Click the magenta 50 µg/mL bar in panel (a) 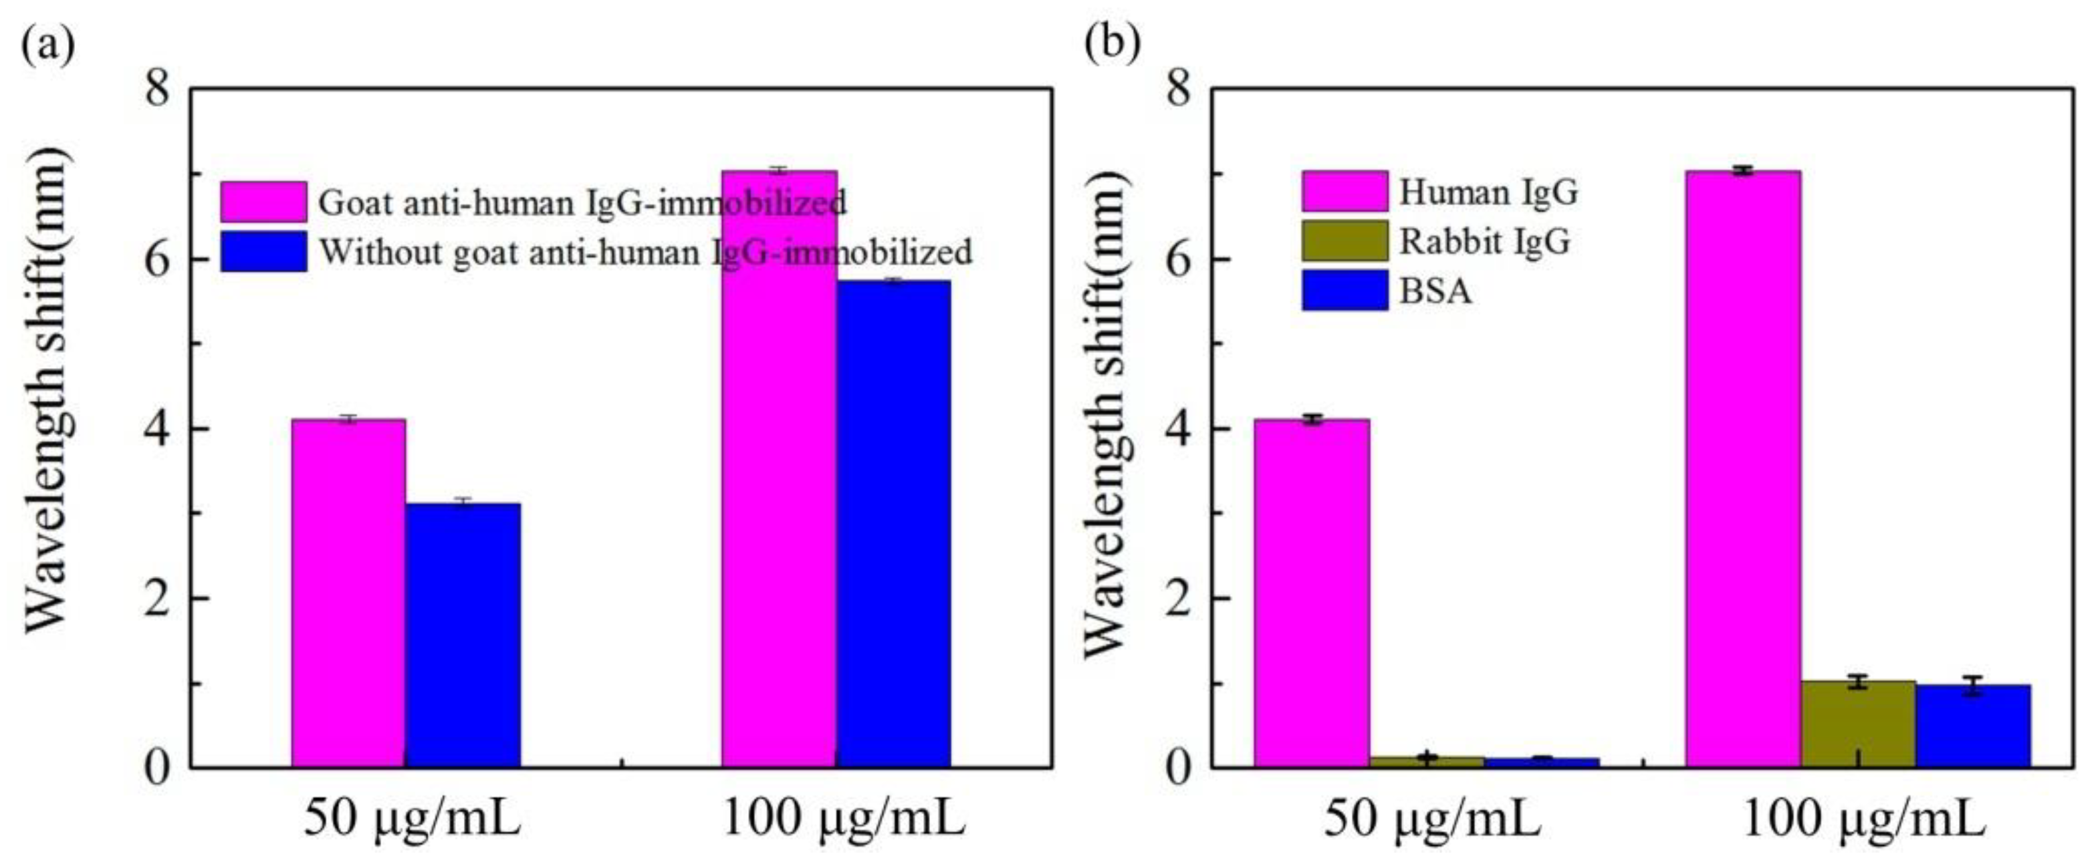348,593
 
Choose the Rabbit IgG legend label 1484,241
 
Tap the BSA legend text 1435,291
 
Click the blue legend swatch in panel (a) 263,252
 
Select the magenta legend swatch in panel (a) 263,201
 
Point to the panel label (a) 47,45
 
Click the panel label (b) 1113,45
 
